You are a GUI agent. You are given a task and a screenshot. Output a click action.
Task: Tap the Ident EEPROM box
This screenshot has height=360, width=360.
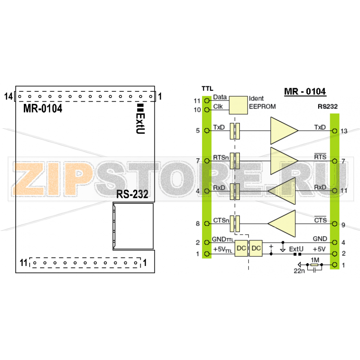click(238, 105)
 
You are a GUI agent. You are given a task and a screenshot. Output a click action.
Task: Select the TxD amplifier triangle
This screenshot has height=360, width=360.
click(283, 130)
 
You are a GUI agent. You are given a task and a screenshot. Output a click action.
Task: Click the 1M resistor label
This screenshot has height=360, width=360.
click(315, 260)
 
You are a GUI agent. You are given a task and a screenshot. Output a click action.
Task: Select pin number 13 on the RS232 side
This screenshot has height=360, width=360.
click(344, 131)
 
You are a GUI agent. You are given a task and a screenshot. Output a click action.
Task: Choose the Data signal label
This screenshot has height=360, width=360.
click(220, 97)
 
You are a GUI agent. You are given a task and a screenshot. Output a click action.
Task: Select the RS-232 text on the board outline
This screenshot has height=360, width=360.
click(132, 194)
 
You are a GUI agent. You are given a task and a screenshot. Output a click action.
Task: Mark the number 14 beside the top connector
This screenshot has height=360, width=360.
click(8, 96)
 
